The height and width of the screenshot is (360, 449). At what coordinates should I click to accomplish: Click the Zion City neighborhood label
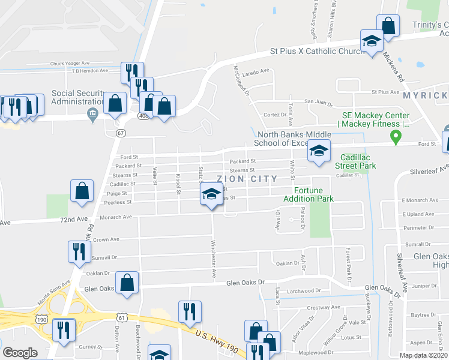(247, 179)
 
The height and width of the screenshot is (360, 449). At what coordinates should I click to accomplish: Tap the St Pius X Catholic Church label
(317, 51)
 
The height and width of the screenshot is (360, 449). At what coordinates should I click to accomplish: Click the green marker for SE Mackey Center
(396, 137)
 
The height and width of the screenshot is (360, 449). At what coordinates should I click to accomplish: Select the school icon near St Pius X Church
(372, 41)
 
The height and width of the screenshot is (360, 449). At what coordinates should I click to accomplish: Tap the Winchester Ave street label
(214, 259)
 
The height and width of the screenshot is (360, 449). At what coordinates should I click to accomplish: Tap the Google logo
(20, 353)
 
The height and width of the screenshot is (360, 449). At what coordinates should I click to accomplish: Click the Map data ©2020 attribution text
(423, 355)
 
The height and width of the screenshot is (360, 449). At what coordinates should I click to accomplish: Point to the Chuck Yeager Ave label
(70, 62)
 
